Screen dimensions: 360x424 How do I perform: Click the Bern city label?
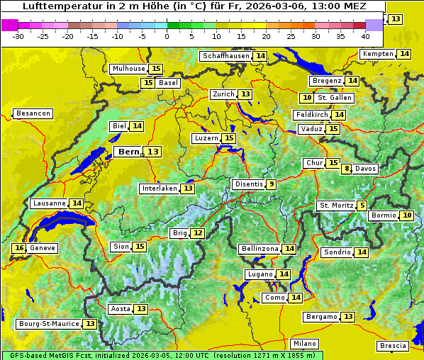[128, 152]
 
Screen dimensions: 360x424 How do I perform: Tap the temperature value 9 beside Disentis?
[272, 184]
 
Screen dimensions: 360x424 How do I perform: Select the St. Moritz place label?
[335, 206]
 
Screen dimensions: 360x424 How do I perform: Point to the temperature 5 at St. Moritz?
[362, 206]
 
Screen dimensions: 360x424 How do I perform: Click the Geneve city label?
[43, 248]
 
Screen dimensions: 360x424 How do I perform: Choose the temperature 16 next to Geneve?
[19, 248]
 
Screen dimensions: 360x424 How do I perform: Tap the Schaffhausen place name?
[225, 56]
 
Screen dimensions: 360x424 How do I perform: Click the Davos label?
[366, 169]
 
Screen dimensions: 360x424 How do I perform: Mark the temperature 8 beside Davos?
[347, 169]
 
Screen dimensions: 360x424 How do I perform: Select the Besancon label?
[33, 113]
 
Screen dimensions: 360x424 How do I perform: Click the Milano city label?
[306, 343]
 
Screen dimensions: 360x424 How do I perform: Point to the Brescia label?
[393, 346]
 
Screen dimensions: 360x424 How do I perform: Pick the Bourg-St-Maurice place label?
[47, 324]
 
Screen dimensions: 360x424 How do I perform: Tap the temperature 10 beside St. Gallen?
[306, 98]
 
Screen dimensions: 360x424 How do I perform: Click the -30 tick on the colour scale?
[18, 35]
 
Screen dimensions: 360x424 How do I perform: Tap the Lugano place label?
[257, 274]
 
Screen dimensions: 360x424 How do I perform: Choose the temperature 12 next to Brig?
[198, 233]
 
